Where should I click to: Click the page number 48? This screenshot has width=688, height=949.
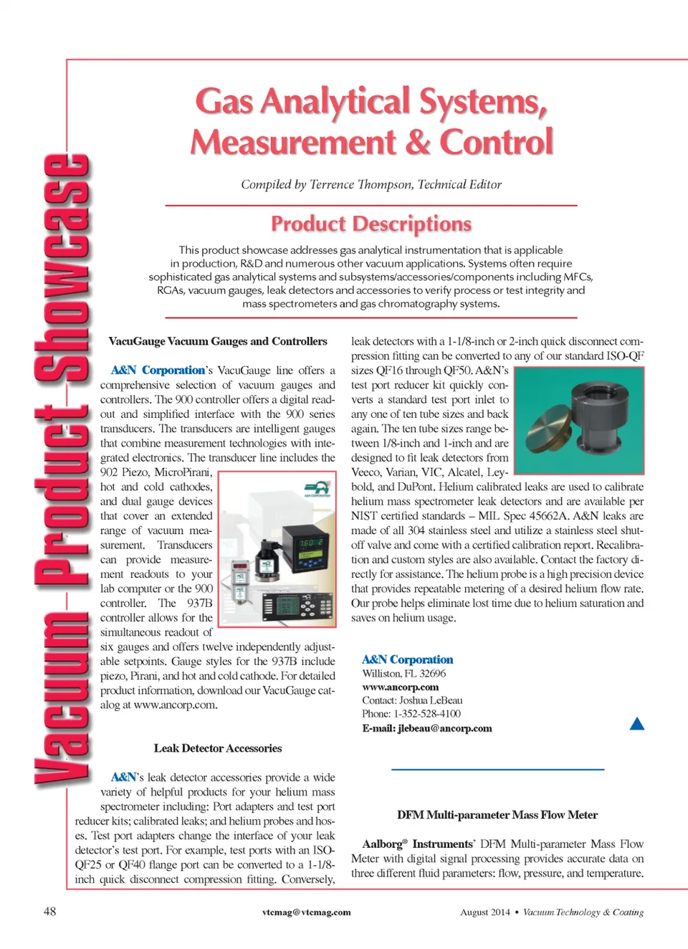49,911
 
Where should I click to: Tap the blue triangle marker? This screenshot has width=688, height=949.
636,724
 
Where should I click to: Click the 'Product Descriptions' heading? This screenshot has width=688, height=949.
371,224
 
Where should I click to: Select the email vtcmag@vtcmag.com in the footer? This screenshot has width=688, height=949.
306,912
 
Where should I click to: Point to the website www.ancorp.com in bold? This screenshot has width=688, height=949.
400,687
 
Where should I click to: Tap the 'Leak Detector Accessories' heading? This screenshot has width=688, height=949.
218,748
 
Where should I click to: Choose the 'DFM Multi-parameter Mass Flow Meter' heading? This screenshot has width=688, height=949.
497,815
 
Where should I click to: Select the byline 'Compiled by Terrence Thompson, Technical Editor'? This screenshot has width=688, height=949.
371,184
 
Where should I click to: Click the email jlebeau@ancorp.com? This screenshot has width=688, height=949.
444,728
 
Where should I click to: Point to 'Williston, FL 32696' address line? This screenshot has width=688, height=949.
403,674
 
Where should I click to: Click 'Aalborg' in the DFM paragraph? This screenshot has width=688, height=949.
381,844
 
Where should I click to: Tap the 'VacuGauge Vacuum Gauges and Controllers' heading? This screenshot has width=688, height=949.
218,341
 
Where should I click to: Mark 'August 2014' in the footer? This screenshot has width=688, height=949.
484,912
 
